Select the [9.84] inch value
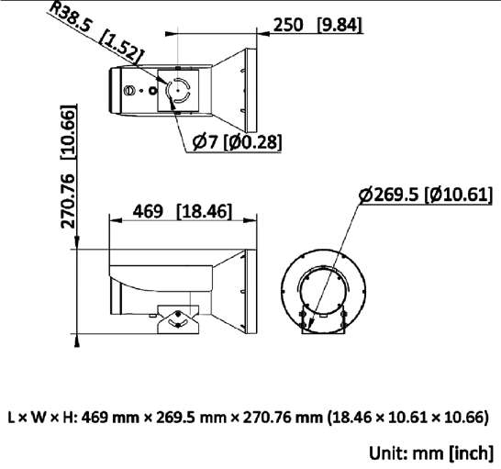[340, 26]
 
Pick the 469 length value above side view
[149, 212]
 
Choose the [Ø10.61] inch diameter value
[459, 195]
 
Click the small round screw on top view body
[130, 90]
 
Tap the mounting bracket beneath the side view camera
[177, 320]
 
